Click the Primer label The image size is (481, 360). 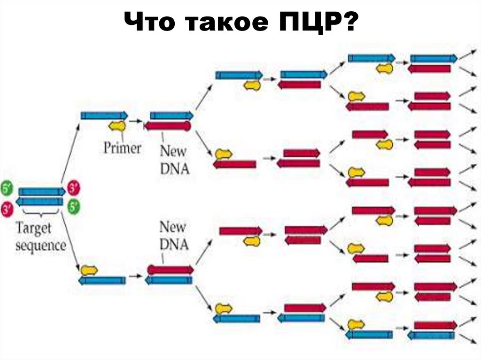[x=122, y=148]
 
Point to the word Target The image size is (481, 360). [x=36, y=229]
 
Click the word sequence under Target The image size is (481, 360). [x=40, y=245]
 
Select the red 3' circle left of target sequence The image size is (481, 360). [x=7, y=209]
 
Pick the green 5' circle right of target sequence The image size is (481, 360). [x=73, y=206]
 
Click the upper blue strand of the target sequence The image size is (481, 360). [x=41, y=191]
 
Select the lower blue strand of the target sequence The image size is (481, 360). [x=40, y=202]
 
